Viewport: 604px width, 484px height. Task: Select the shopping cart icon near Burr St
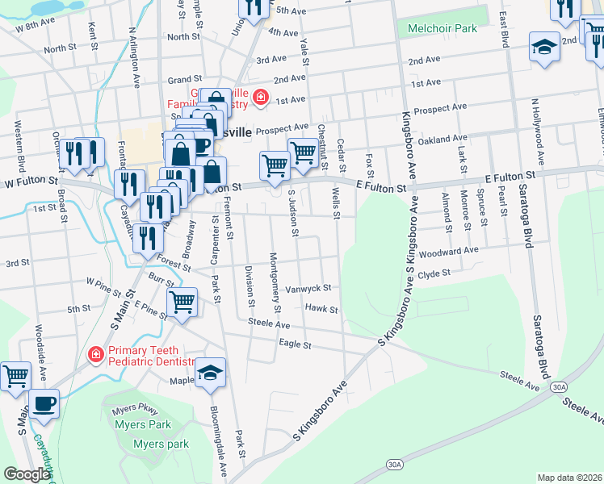click(x=182, y=302)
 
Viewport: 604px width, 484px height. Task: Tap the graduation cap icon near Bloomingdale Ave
click(x=210, y=372)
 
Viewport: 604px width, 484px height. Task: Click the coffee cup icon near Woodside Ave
click(x=44, y=403)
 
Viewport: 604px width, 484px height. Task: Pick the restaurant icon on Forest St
click(x=146, y=237)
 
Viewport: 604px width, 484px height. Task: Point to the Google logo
click(x=27, y=474)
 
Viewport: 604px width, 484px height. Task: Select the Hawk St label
click(x=321, y=308)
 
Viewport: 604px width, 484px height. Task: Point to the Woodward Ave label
click(x=449, y=251)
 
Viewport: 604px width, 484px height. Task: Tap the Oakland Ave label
click(x=443, y=140)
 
